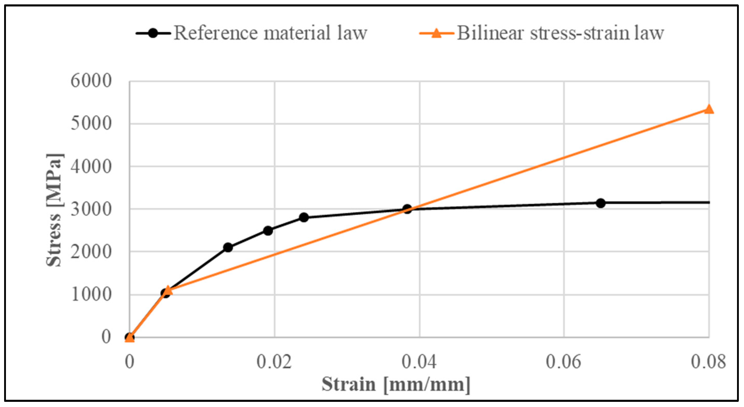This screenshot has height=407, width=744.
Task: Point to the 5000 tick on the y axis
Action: click(x=91, y=124)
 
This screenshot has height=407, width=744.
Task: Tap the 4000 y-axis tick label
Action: click(x=91, y=167)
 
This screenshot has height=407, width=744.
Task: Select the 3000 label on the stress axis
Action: click(x=91, y=209)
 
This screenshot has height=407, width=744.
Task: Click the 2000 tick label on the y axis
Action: click(x=91, y=252)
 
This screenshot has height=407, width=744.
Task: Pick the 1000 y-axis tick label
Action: click(x=91, y=295)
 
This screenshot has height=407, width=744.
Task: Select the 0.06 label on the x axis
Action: click(x=563, y=362)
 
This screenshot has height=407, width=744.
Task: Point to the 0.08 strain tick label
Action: click(x=708, y=362)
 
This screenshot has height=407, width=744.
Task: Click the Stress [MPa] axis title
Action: click(x=54, y=210)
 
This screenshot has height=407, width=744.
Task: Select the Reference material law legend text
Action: click(x=270, y=33)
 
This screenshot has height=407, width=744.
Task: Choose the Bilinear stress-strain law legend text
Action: click(x=560, y=33)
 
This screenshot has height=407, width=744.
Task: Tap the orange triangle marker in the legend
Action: click(x=437, y=33)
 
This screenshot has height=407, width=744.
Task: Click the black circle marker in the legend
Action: click(x=153, y=33)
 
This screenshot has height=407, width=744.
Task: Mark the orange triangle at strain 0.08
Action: click(x=708, y=109)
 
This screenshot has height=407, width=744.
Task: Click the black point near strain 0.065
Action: click(x=601, y=203)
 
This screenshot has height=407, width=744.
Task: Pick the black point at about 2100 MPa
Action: click(x=228, y=247)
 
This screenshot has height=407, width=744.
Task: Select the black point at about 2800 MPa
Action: click(x=304, y=217)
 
